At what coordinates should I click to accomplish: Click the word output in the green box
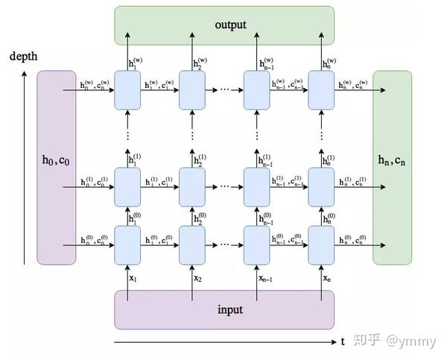click(x=230, y=25)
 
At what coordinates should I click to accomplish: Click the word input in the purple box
click(x=230, y=309)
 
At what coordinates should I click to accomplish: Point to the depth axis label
click(x=23, y=57)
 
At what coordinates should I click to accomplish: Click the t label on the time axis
click(x=343, y=342)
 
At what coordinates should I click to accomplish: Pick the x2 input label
click(x=197, y=277)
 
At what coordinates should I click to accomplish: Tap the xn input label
click(x=326, y=277)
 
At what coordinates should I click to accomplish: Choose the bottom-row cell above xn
click(x=321, y=244)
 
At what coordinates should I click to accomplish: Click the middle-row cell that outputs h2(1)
click(x=191, y=186)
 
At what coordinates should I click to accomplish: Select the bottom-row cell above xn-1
click(x=256, y=244)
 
